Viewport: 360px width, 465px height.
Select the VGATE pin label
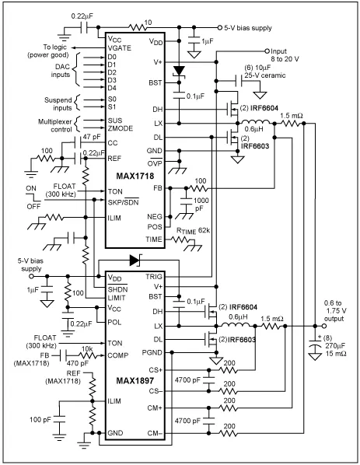click(x=121, y=47)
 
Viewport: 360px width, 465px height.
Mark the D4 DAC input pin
click(x=114, y=92)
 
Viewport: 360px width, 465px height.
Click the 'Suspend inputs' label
click(x=75, y=105)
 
